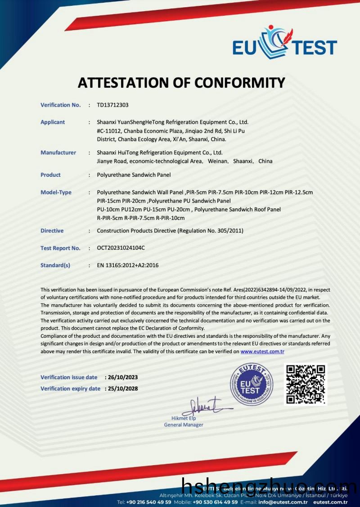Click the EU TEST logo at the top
point(284,44)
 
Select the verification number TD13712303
point(112,105)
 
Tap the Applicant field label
point(53,122)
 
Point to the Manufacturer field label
point(58,153)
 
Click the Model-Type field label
point(56,192)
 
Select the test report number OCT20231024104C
point(121,248)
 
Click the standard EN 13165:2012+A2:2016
point(128,265)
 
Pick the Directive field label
point(52,230)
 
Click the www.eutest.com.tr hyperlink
point(262,351)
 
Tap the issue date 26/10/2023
point(121,377)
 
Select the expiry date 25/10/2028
point(121,388)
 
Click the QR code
point(306,384)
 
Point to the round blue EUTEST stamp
point(252,384)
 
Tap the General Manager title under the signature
point(184,425)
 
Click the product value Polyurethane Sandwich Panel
point(134,175)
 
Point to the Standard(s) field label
point(55,265)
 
